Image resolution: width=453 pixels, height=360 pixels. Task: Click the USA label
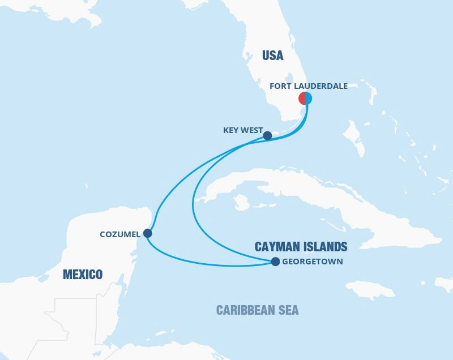[272, 55]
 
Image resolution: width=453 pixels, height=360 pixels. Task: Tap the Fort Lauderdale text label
[309, 86]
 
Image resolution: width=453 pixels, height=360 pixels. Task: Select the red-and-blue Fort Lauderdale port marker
[306, 98]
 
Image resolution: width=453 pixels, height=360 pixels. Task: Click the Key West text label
[243, 130]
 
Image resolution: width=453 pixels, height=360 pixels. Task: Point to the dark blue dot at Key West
[268, 136]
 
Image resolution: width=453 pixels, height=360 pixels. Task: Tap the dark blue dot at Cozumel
[148, 233]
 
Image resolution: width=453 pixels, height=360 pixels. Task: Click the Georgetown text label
[312, 262]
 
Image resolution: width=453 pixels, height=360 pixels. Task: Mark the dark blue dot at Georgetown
[275, 262]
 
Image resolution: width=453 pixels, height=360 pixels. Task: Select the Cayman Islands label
[301, 247]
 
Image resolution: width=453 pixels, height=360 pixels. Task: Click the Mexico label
[83, 275]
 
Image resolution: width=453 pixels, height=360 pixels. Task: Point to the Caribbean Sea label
[257, 310]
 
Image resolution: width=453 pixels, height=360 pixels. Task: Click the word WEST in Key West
[253, 130]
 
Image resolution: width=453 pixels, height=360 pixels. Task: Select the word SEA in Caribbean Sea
[287, 310]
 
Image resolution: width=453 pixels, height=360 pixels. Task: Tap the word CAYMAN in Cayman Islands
[275, 247]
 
